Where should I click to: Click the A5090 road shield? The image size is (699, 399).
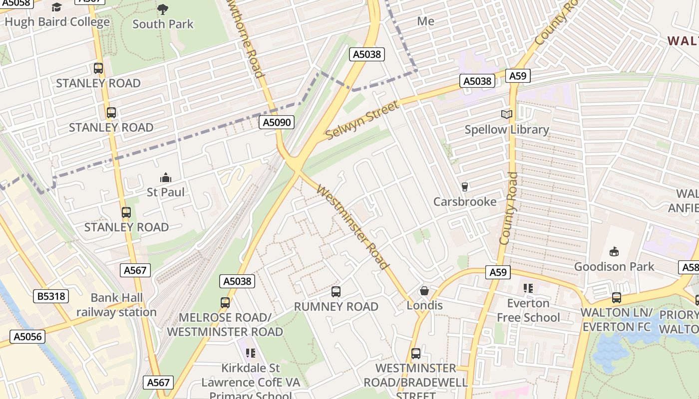point(277,122)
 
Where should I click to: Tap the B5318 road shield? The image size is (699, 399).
point(51,296)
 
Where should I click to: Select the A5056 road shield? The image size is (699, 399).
point(27,336)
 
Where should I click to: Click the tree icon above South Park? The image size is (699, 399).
point(163,9)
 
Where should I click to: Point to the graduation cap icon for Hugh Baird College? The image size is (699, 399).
point(57,7)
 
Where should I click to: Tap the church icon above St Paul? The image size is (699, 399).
point(166,178)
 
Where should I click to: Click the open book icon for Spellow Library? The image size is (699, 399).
point(507,115)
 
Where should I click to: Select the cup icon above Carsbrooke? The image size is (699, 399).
point(465,187)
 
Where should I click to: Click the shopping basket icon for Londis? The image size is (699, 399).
point(424,291)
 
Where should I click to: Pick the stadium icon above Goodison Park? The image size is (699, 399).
point(614,252)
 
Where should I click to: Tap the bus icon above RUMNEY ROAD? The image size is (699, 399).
point(336,292)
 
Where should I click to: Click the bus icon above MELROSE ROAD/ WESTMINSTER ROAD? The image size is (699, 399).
point(225,303)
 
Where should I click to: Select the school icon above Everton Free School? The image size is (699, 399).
point(528,288)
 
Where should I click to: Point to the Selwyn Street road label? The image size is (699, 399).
point(362,120)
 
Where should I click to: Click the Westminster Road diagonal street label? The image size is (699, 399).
point(352,227)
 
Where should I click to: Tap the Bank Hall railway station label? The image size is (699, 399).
point(116,305)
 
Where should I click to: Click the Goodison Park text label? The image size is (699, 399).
point(614,266)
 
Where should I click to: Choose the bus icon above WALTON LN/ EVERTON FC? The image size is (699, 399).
point(617,298)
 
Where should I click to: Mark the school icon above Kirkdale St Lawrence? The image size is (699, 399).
point(251,354)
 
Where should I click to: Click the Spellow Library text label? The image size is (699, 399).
point(507,130)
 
